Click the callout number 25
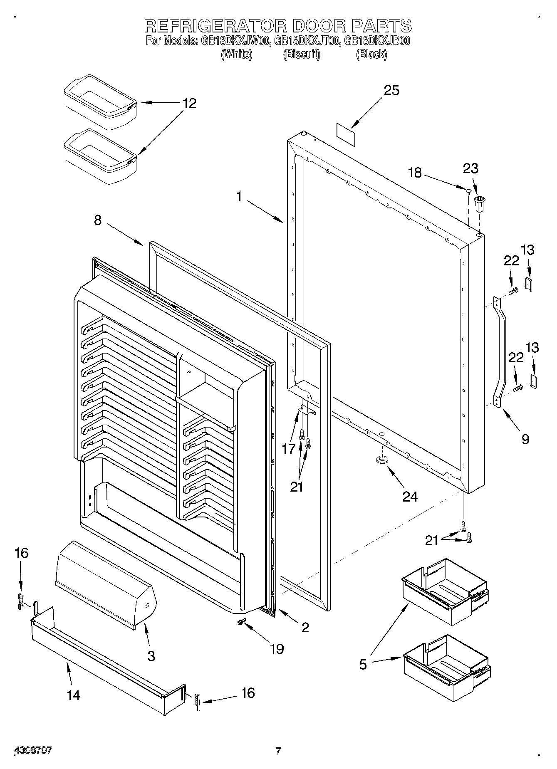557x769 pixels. point(391,90)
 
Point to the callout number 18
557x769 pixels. point(415,173)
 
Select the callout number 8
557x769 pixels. point(97,220)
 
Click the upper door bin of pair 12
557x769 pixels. point(101,101)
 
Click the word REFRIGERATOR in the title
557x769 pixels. point(215,26)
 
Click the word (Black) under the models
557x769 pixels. point(371,54)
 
